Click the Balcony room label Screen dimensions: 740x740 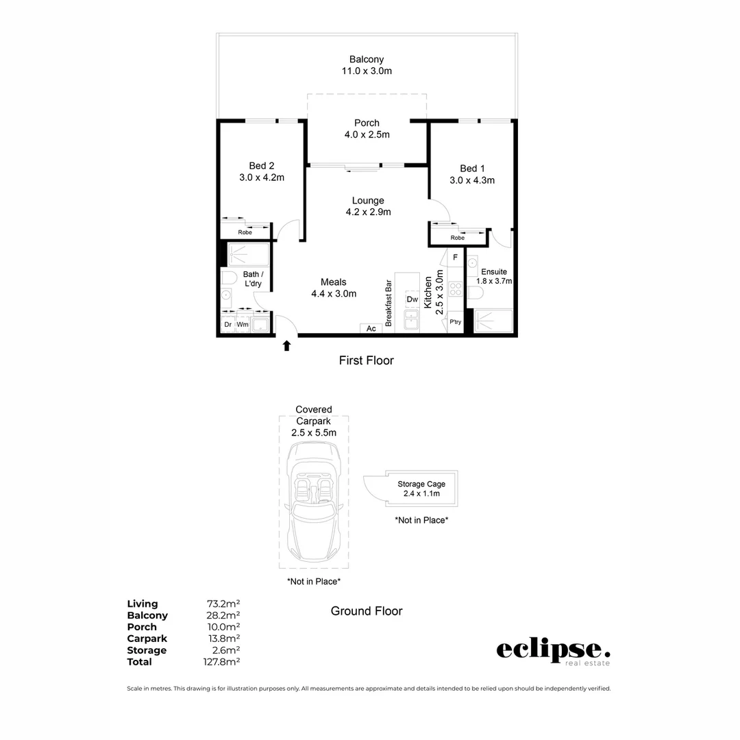(367, 60)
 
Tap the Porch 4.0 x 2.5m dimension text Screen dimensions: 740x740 (367, 135)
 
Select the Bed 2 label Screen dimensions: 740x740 (261, 166)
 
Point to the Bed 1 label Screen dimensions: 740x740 (472, 169)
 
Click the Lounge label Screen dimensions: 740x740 (368, 201)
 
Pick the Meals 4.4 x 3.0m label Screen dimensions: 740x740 (334, 288)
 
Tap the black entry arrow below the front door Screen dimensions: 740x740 (287, 346)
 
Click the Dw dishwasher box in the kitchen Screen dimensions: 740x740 (412, 299)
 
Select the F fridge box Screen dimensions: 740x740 (455, 258)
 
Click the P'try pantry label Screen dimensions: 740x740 (455, 322)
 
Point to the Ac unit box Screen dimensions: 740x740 (371, 329)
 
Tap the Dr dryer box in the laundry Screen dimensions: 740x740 (227, 325)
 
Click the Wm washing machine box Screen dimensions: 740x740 (243, 325)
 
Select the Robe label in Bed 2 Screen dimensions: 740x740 (245, 232)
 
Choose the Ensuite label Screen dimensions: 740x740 (493, 272)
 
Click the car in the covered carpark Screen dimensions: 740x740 (313, 500)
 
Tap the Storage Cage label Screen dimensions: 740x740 (421, 484)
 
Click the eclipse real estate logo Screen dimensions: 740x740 (553, 651)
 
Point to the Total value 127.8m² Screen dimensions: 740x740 (223, 662)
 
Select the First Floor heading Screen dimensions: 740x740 (367, 360)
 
